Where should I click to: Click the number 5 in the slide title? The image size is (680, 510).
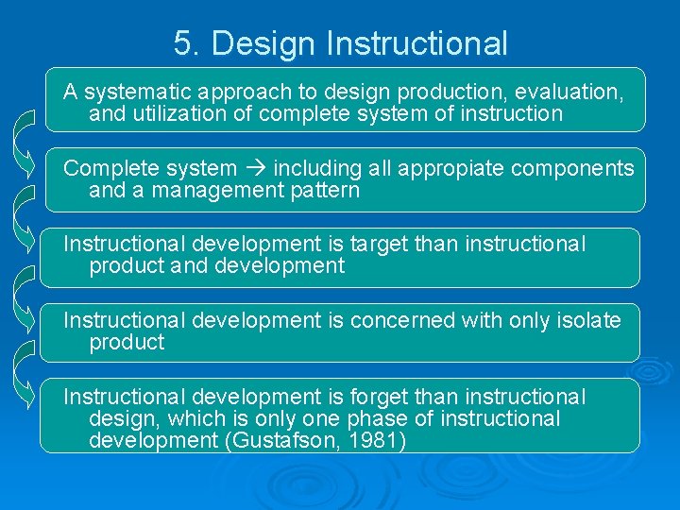[183, 43]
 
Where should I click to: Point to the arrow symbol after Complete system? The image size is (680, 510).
[256, 169]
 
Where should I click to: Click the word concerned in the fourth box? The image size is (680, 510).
[393, 320]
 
